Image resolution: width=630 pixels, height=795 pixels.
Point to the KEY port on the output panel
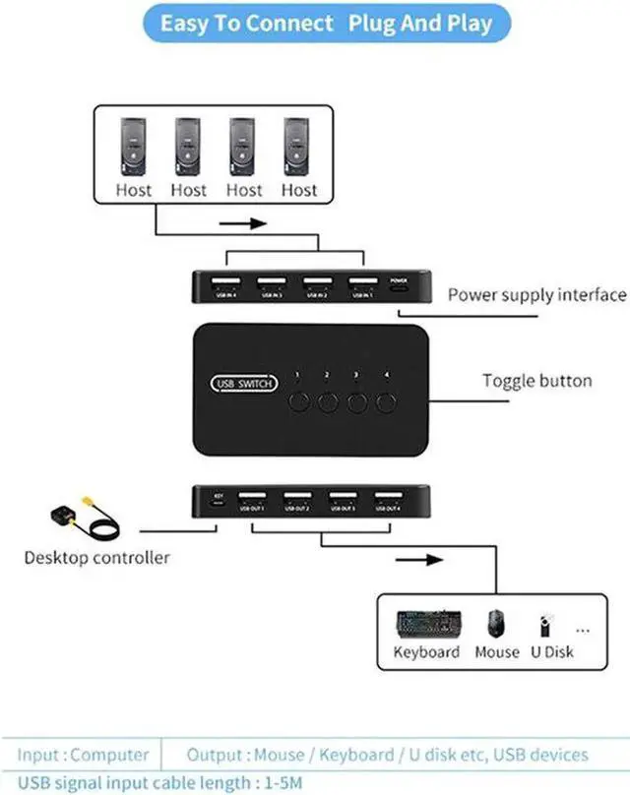218,502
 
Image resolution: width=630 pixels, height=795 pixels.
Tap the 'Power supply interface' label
536,294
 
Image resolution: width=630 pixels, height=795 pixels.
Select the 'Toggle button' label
536,381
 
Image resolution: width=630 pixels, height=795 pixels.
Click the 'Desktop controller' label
96,558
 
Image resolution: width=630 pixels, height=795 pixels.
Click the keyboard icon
426,623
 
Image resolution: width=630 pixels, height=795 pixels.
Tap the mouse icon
495,623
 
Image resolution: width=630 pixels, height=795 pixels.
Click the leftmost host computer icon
134,147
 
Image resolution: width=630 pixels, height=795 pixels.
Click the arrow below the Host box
242,223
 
